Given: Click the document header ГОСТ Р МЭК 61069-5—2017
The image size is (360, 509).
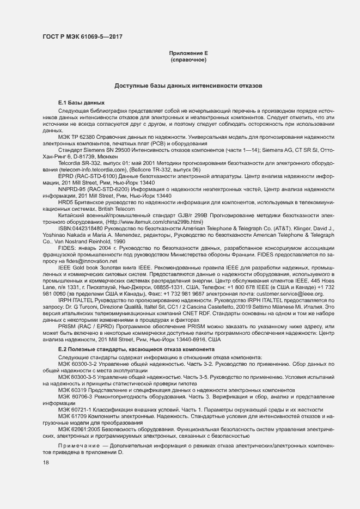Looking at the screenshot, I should [x=82, y=36].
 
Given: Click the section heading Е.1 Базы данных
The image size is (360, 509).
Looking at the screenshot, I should [x=81, y=102].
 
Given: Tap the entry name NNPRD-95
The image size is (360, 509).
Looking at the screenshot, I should [x=71, y=188].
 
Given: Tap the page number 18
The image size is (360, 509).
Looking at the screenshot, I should [x=46, y=463].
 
